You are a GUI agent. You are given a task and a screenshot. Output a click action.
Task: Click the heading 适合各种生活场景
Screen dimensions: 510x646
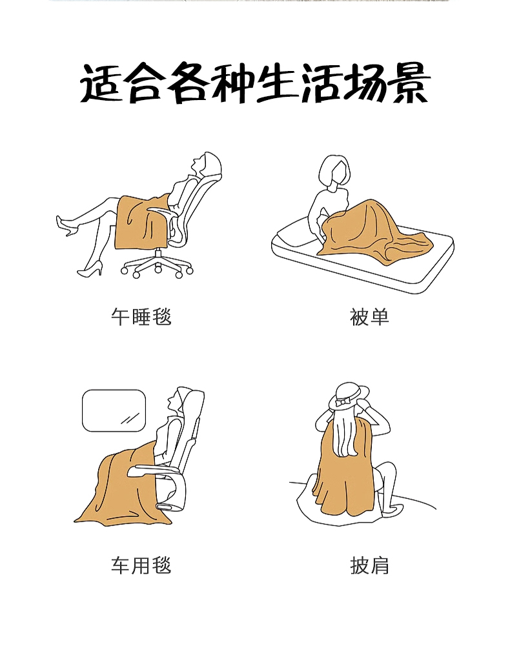pos(255,83)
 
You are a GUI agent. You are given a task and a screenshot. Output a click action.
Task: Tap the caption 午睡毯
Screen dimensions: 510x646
pos(141,317)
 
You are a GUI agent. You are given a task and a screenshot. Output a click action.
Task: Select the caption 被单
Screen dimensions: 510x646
pos(369,317)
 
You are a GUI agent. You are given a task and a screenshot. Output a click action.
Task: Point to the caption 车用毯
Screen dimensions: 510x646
pos(141,565)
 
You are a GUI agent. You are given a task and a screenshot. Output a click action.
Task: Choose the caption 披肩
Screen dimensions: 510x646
pos(369,565)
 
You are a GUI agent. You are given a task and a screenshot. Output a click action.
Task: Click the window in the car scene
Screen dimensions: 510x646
pos(114,410)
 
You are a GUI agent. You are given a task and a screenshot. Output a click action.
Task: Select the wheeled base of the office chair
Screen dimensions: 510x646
pos(158,264)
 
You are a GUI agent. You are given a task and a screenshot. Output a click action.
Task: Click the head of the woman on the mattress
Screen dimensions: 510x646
pos(334,172)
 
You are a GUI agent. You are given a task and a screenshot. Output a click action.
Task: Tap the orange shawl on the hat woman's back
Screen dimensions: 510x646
pos(345,470)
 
